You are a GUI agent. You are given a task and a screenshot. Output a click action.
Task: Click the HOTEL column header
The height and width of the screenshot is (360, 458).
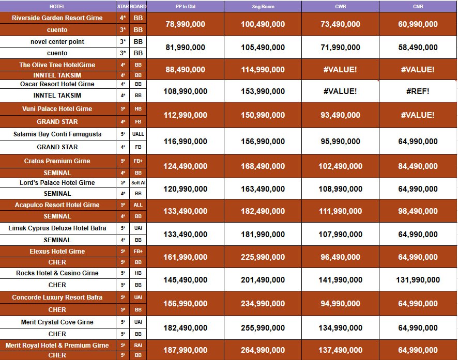(57, 7)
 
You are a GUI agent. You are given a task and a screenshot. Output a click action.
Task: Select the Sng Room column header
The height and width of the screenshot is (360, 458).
(263, 7)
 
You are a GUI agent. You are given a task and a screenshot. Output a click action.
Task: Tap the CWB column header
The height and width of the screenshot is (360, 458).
(340, 7)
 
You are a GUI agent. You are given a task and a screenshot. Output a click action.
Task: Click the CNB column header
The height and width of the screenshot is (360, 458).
(418, 7)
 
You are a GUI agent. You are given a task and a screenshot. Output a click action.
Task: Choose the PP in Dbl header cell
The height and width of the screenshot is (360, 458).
(185, 7)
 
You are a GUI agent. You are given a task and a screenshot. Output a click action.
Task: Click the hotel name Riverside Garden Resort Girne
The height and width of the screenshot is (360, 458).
(57, 18)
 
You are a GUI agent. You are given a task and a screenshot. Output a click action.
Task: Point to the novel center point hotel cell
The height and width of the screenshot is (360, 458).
(57, 42)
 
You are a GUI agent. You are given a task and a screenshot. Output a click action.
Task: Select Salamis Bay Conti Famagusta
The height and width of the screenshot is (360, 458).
(57, 134)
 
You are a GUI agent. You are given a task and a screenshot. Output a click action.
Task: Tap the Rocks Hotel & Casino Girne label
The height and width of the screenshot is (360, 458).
(57, 273)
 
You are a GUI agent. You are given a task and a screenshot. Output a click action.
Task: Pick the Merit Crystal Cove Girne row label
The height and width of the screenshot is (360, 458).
(57, 322)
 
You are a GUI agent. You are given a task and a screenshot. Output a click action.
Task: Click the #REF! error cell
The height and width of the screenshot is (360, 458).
(418, 91)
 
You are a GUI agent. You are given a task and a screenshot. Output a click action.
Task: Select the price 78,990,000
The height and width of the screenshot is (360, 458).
(185, 24)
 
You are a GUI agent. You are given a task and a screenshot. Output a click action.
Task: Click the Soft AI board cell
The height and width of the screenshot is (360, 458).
(138, 183)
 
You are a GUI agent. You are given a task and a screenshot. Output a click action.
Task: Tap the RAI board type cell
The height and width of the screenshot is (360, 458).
(138, 346)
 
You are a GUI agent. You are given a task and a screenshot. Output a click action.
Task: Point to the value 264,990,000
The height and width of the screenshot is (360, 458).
(263, 350)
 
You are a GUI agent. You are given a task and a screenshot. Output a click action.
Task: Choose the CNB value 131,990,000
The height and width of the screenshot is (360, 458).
(418, 280)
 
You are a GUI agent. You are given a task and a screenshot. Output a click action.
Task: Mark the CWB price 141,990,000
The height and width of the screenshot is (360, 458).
(340, 280)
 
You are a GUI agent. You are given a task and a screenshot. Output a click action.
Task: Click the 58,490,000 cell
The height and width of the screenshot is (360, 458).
(418, 48)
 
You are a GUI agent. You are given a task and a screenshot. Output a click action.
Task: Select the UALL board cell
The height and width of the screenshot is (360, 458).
(138, 134)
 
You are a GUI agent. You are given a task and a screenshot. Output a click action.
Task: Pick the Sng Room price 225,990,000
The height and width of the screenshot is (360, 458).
(263, 257)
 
